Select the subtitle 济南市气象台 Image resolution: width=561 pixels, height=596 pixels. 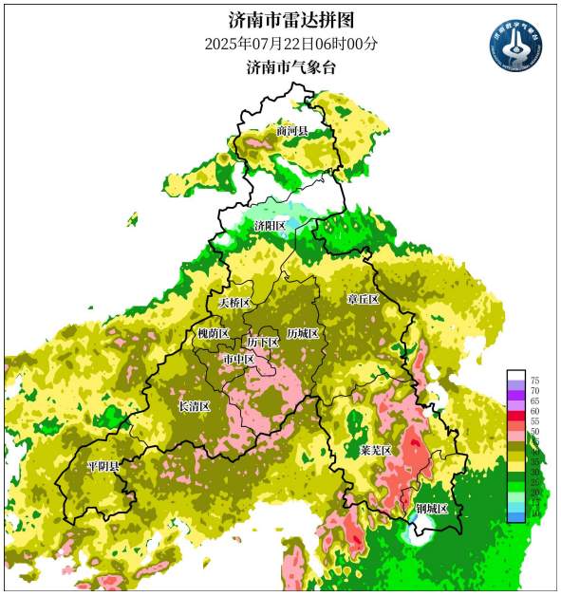pos(291,67)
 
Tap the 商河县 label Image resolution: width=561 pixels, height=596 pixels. pos(292,130)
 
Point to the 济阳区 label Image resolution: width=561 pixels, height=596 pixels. pos(270,226)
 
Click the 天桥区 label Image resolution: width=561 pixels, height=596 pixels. pos(234,303)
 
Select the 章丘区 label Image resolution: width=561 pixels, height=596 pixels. pos(363,299)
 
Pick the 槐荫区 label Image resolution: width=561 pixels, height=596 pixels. pos(213,334)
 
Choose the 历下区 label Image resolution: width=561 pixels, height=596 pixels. pos(262,342)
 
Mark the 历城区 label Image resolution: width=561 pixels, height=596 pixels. pos(303,335)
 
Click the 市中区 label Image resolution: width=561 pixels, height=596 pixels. pos(238,360)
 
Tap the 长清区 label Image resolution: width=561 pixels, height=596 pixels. pos(194,406)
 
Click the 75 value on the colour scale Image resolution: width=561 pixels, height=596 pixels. pos(534,380)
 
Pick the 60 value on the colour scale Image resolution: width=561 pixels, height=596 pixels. pos(534,412)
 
